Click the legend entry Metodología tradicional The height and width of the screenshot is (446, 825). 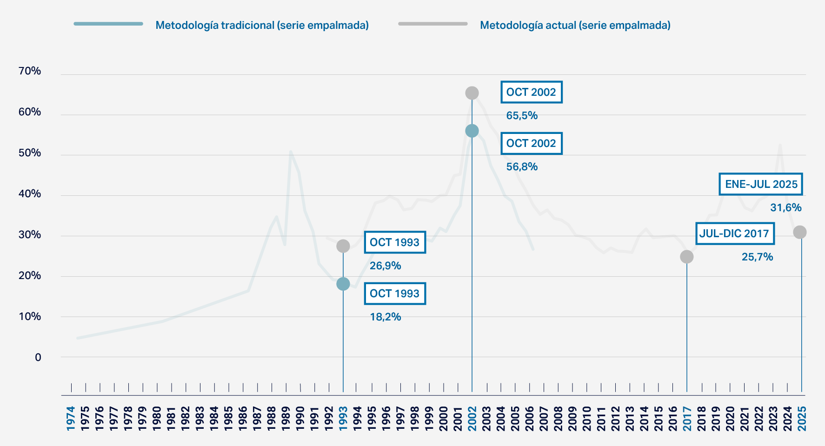pos(262,25)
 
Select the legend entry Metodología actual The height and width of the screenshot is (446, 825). pos(575,25)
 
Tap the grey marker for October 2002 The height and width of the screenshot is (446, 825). pos(472,93)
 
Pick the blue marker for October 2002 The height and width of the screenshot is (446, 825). pos(472,131)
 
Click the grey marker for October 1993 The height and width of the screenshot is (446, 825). pos(343,246)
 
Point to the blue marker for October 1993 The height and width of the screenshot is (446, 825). pos(343,284)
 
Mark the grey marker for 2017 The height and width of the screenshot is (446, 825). pos(686,257)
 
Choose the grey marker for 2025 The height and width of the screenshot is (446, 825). pos(799,232)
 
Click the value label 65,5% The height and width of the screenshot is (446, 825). pos(522,115)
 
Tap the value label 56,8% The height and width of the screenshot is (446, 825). pos(522,166)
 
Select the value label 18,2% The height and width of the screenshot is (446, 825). pos(385,317)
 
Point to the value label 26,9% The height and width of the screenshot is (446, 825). pos(385,266)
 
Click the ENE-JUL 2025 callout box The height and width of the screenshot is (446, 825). pos(761,184)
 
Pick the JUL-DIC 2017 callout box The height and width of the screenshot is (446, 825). pos(734,233)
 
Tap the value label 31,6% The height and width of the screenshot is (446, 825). pos(785,207)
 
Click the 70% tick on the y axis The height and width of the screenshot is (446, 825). pos(30,71)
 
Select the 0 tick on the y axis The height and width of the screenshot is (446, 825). pos(38,357)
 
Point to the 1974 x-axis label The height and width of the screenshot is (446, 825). pos(71,419)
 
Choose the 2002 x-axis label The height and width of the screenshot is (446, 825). pos(472,419)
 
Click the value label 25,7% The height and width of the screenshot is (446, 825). pos(757,257)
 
